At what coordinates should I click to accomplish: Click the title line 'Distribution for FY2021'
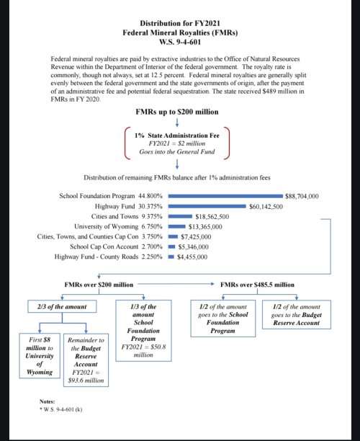pos(180,23)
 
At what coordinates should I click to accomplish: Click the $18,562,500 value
pos(212,215)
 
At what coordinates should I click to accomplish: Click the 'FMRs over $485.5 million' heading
pos(257,285)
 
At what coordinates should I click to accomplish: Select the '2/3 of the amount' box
pos(61,307)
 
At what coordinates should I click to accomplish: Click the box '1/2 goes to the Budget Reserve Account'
pos(297,315)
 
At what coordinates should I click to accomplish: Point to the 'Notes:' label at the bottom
pos(49,401)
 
